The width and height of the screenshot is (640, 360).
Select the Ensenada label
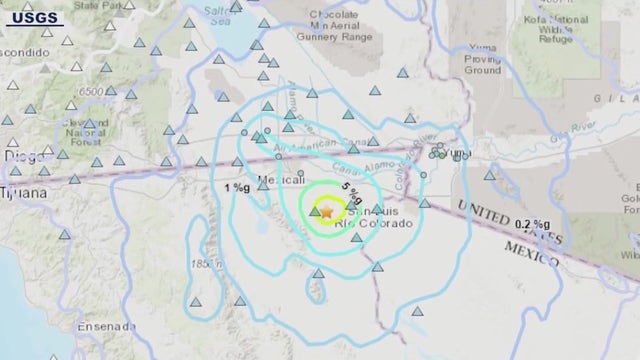point(103,326)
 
